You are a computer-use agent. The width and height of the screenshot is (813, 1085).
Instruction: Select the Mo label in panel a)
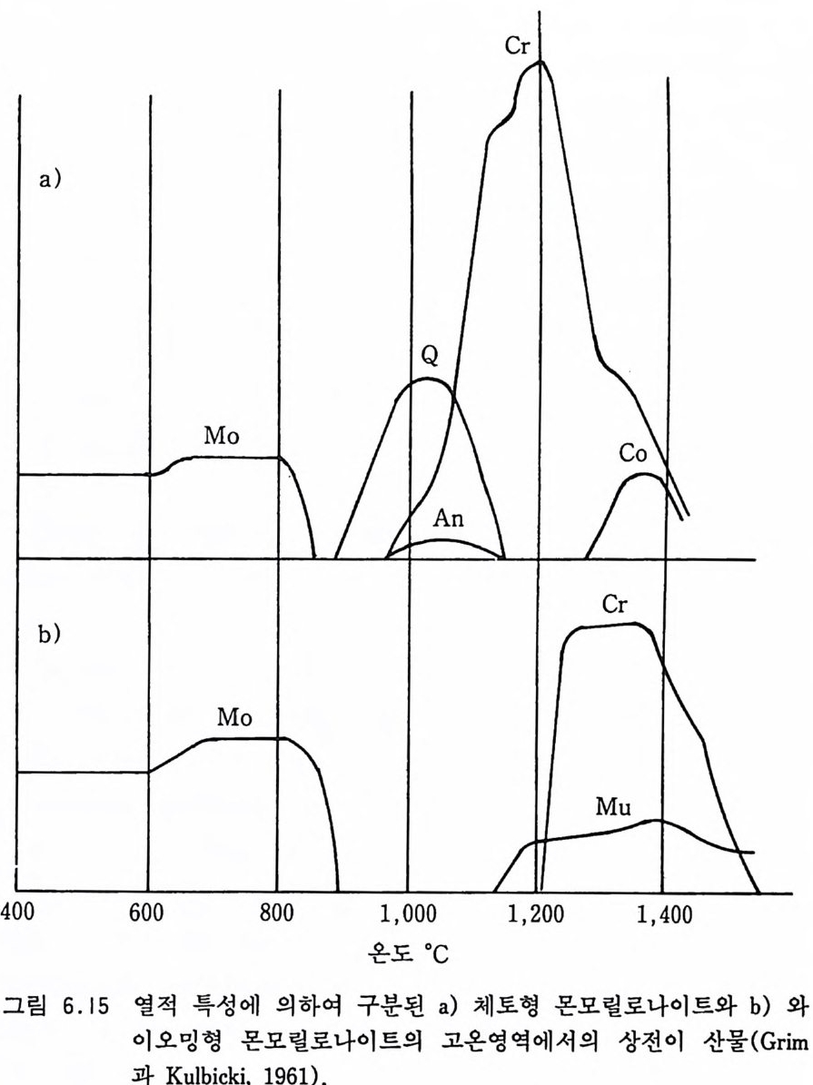[x=222, y=435]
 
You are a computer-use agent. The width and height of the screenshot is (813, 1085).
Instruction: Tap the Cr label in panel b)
[x=615, y=606]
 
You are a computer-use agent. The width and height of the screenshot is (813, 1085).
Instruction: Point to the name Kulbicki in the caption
[x=105, y=1070]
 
